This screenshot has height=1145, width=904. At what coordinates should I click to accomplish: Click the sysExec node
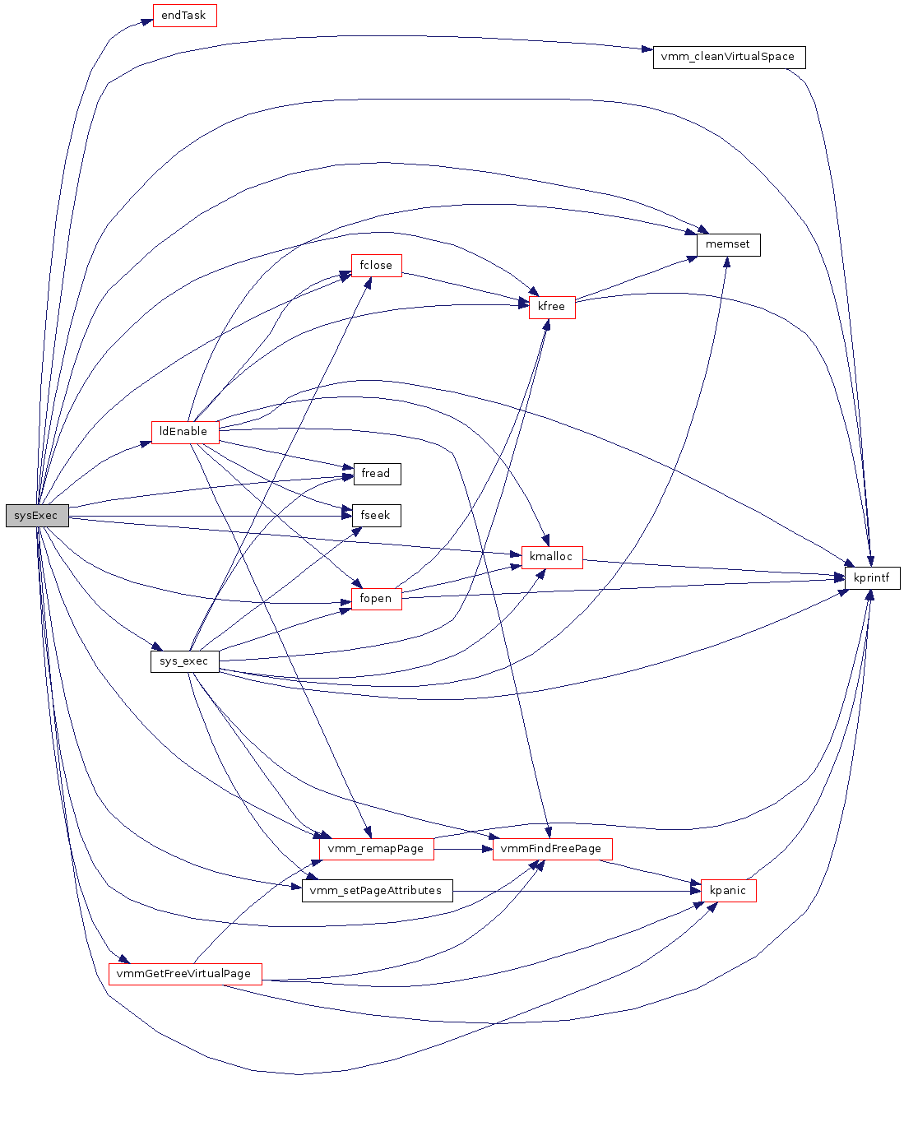tap(37, 516)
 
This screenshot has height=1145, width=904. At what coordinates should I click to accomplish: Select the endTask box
tap(184, 16)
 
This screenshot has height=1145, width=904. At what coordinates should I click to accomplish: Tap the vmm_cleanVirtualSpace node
tap(729, 58)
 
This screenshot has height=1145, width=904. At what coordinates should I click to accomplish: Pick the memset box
tap(728, 244)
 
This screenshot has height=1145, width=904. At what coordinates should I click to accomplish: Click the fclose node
tap(376, 266)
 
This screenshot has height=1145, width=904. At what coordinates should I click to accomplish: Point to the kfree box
tap(551, 307)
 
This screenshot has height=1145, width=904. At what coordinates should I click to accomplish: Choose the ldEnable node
tap(184, 432)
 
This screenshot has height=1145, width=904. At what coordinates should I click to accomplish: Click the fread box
tap(376, 474)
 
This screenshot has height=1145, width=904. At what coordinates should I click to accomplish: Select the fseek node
tap(376, 516)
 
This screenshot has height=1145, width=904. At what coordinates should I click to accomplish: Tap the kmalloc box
tap(551, 557)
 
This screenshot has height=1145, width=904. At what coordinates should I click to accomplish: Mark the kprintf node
tap(872, 578)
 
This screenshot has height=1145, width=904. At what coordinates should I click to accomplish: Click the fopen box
tap(376, 599)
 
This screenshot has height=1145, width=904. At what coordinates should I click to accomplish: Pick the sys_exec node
tap(184, 661)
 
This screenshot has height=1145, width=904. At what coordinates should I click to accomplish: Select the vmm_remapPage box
tap(376, 849)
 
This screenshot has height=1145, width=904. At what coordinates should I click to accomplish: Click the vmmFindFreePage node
tap(552, 849)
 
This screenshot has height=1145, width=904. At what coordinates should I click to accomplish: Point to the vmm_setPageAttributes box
tap(377, 891)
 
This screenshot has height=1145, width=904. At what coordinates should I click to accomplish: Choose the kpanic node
tap(728, 891)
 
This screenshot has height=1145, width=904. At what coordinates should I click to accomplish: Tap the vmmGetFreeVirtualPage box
tap(184, 974)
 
